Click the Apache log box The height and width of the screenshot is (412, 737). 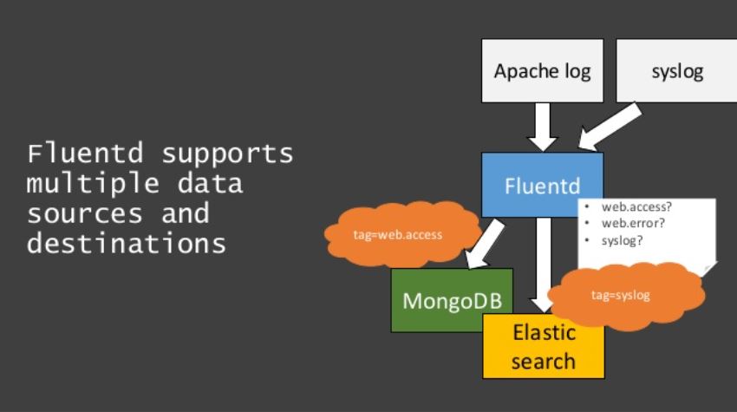coord(542,70)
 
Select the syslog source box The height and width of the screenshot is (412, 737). coord(677,70)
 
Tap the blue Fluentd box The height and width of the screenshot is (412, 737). coord(542,185)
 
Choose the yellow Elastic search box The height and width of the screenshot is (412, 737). coord(543,347)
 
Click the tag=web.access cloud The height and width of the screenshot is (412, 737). coord(398,234)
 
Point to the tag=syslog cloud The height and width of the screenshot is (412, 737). coord(620,295)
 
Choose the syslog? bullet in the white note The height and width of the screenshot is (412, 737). coord(622,239)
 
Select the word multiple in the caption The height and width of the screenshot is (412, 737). coord(82,184)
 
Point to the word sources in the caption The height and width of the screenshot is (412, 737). coord(82,213)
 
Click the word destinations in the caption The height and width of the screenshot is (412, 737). coord(127,243)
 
